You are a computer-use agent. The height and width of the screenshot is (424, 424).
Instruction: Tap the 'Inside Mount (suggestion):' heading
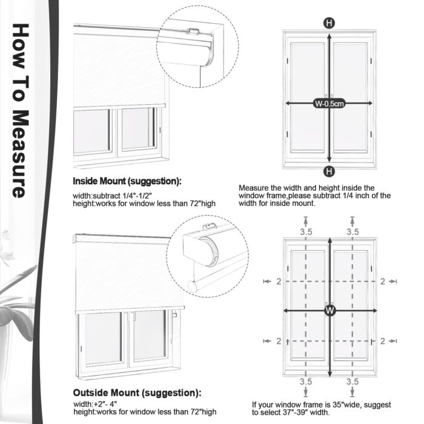127,181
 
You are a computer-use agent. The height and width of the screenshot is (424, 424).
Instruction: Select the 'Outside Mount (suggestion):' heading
137,393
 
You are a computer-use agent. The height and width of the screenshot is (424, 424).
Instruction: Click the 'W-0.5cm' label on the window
329,104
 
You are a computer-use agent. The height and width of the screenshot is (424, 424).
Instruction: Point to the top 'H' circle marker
329,24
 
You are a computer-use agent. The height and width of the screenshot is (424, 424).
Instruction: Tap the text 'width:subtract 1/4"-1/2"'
114,196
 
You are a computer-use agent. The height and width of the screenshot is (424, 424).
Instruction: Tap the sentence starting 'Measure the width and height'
314,196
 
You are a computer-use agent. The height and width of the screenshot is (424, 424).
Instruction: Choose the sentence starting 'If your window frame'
321,408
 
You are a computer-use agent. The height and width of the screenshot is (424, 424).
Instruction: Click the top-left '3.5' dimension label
305,232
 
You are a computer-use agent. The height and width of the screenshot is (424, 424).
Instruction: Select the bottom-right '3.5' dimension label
353,382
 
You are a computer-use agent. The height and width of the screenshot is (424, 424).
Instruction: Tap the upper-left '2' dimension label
278,281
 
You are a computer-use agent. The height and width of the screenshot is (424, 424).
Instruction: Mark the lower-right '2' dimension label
382,341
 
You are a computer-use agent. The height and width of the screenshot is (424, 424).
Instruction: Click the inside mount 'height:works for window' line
144,204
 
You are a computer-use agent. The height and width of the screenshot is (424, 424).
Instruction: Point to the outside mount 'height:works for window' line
144,412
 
